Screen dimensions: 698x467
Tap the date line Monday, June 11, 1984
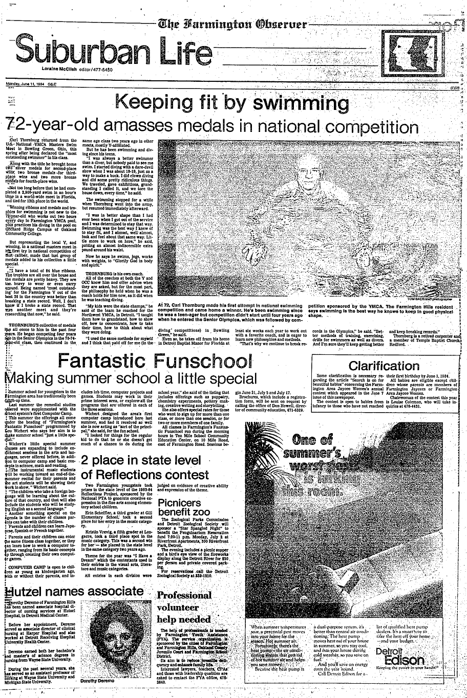pos(32,84)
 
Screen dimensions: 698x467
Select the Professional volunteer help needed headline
pos(185,607)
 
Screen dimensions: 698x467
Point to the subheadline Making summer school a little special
pos(131,379)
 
